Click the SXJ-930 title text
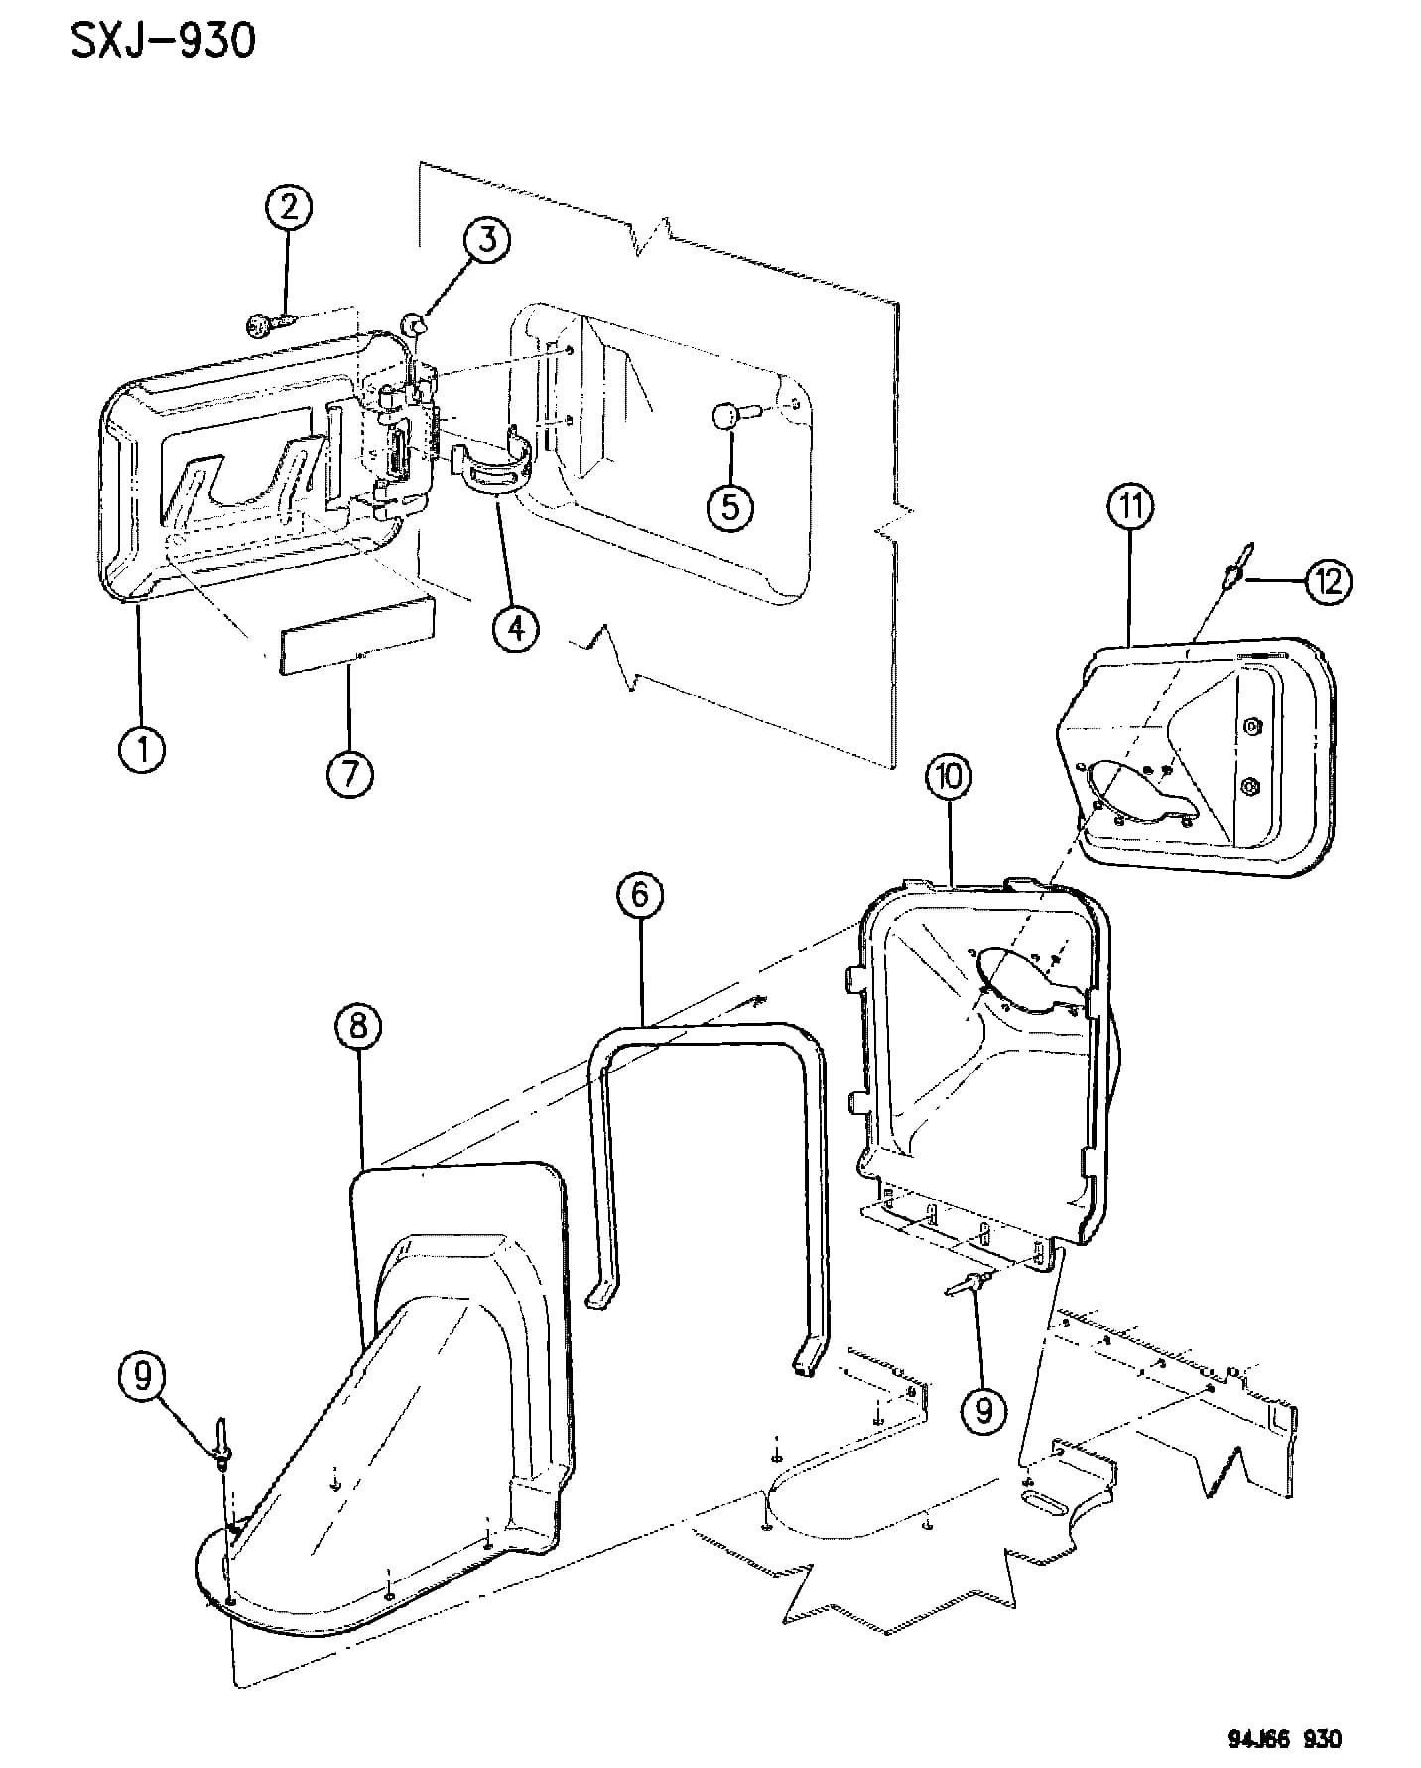coord(163,41)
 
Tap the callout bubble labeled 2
coord(288,208)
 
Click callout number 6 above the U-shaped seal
coord(640,896)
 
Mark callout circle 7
coord(350,771)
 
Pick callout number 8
coord(358,1027)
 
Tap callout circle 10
coord(950,777)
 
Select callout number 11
coord(1131,508)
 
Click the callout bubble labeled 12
coord(1328,580)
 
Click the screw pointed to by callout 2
coord(269,323)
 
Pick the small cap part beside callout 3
coord(416,322)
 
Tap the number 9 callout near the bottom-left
coord(144,1378)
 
